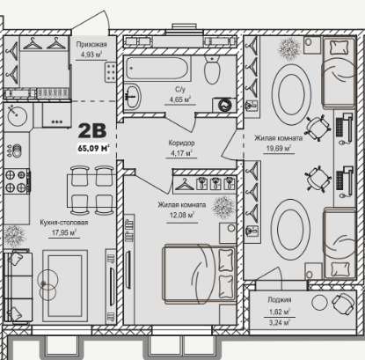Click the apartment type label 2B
click(x=92, y=130)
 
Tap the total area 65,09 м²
click(x=93, y=148)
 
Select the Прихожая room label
click(x=91, y=44)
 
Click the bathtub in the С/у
click(x=157, y=68)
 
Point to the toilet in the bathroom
click(x=212, y=70)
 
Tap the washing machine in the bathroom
click(x=224, y=104)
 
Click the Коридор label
click(x=181, y=143)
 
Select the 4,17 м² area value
click(x=181, y=153)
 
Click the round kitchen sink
click(x=18, y=116)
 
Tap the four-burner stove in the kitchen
click(x=17, y=181)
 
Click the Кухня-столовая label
click(x=64, y=223)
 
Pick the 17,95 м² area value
click(x=64, y=232)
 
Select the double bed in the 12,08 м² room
click(x=200, y=274)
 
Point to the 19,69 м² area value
click(x=279, y=148)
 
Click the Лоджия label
click(x=280, y=299)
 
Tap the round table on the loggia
click(x=319, y=303)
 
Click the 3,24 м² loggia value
click(x=280, y=323)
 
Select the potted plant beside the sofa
click(x=14, y=236)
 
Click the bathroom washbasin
click(x=133, y=96)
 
